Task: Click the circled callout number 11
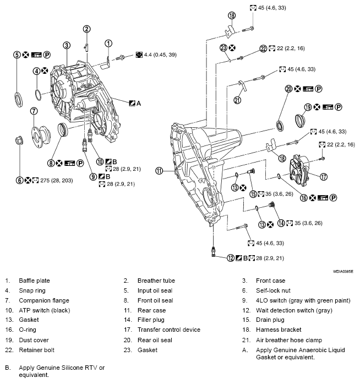click(x=160, y=171)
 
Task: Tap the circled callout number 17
click(x=324, y=177)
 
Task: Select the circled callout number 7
click(x=34, y=111)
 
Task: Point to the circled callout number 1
click(x=108, y=43)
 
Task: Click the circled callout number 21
click(x=237, y=100)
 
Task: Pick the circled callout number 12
click(x=231, y=258)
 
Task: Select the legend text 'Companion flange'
click(x=44, y=300)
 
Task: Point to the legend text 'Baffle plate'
click(x=34, y=280)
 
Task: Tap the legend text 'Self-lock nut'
click(x=274, y=290)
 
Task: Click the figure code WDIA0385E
click(x=343, y=272)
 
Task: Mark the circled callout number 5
click(x=18, y=55)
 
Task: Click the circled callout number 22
click(x=263, y=48)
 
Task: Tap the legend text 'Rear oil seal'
click(x=156, y=340)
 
